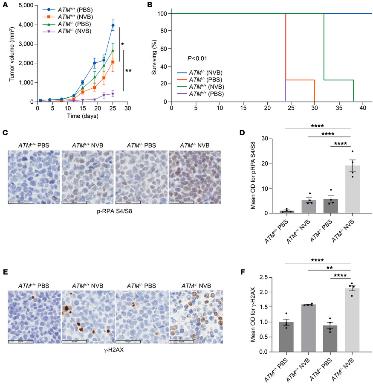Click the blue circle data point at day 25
[113, 25]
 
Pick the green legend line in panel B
[181, 85]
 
